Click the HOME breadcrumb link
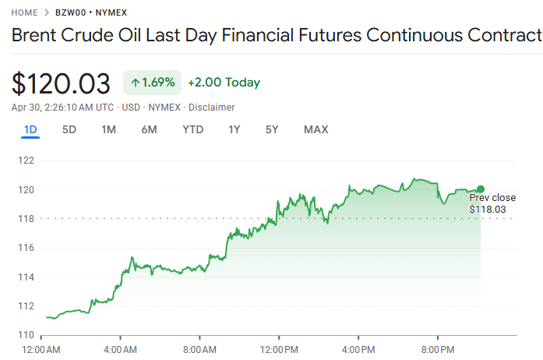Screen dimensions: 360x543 pyautogui.click(x=25, y=13)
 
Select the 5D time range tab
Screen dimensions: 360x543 pyautogui.click(x=69, y=129)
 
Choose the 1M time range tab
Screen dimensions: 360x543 pyautogui.click(x=108, y=129)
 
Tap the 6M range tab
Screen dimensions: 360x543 pyautogui.click(x=149, y=129)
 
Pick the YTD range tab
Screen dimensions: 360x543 pyautogui.click(x=192, y=129)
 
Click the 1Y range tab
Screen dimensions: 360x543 pyautogui.click(x=234, y=129)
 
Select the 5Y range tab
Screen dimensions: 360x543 pyautogui.click(x=272, y=129)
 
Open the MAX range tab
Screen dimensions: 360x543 pyautogui.click(x=316, y=129)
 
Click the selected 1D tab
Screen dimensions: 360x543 pyautogui.click(x=30, y=129)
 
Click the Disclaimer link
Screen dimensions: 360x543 pyautogui.click(x=212, y=107)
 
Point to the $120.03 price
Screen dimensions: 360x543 pyautogui.click(x=61, y=83)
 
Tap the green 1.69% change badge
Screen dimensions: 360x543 pyautogui.click(x=152, y=83)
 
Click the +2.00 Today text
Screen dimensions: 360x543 pyautogui.click(x=224, y=83)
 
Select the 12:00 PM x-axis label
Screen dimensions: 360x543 pyautogui.click(x=280, y=348)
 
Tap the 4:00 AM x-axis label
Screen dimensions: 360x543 pyautogui.click(x=120, y=348)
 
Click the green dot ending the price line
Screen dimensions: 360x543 pyautogui.click(x=481, y=189)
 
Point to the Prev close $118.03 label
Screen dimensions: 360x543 pyautogui.click(x=492, y=203)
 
